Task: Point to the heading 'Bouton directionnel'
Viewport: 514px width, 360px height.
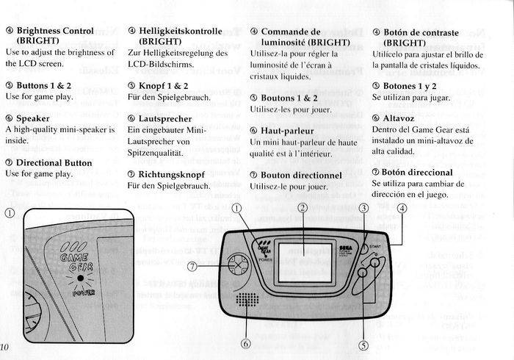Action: click(302, 176)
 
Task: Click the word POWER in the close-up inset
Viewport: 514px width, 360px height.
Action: click(83, 293)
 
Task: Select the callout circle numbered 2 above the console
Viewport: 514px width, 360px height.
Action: click(302, 208)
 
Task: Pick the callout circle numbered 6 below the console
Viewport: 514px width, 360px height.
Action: click(247, 343)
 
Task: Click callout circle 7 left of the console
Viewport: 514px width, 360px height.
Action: click(192, 265)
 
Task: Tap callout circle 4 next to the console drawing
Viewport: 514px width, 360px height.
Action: click(402, 208)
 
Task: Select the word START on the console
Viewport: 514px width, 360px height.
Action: click(375, 246)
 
